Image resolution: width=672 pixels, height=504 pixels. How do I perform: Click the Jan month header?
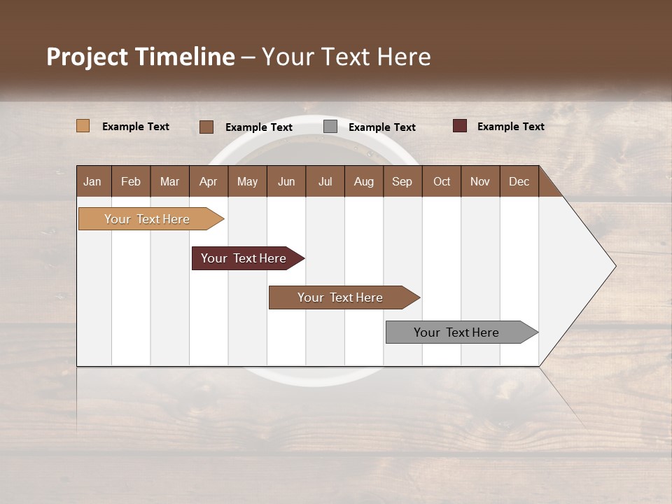[x=93, y=181]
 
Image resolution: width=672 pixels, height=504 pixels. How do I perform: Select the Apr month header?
[x=209, y=181]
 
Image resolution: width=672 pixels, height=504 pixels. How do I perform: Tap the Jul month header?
[x=325, y=181]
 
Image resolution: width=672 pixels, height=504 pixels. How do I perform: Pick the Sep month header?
[x=402, y=181]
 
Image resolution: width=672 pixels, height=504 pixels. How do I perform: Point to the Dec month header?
[x=519, y=181]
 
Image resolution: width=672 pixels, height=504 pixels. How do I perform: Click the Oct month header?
[x=442, y=181]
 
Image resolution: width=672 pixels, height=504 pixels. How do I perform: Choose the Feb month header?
[x=131, y=181]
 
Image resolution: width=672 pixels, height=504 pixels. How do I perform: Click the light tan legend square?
[x=83, y=126]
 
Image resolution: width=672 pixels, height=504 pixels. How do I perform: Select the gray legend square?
[x=330, y=127]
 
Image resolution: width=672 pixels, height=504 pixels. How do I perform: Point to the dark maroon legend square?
[x=460, y=126]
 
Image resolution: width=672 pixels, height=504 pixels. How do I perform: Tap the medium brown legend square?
[x=206, y=127]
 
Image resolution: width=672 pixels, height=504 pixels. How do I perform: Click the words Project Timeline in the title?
[x=141, y=57]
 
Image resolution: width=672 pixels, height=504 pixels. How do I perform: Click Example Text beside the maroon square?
[x=511, y=127]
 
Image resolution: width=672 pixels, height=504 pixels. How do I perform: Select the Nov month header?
[x=480, y=181]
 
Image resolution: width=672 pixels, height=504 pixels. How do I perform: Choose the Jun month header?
[x=286, y=181]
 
